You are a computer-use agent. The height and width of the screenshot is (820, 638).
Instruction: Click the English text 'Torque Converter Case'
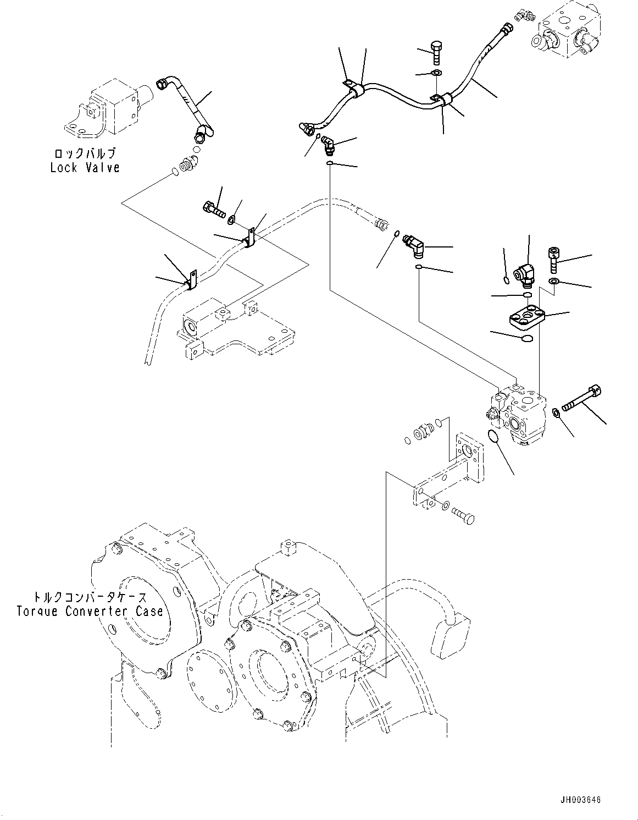[x=90, y=611]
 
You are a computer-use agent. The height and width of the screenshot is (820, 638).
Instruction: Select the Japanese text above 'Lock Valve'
[x=85, y=153]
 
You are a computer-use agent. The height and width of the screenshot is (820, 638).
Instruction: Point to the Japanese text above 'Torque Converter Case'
[x=90, y=597]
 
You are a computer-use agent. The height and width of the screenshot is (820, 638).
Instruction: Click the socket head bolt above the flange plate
[x=553, y=260]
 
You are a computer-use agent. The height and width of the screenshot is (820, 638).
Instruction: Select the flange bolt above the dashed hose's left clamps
[x=214, y=210]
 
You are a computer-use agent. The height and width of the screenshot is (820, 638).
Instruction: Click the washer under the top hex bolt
[x=436, y=73]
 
